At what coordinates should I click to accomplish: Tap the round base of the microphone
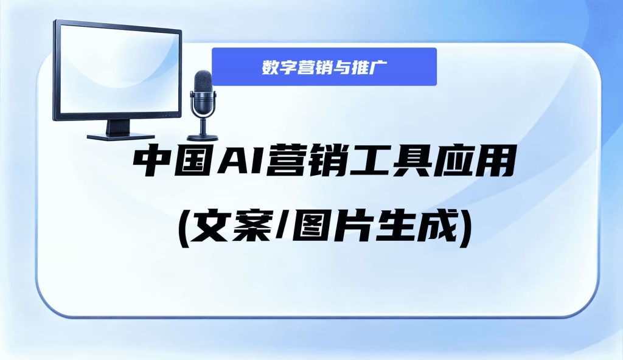point(203,137)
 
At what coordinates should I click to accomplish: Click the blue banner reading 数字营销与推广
point(324,67)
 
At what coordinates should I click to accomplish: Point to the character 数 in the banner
point(270,67)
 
